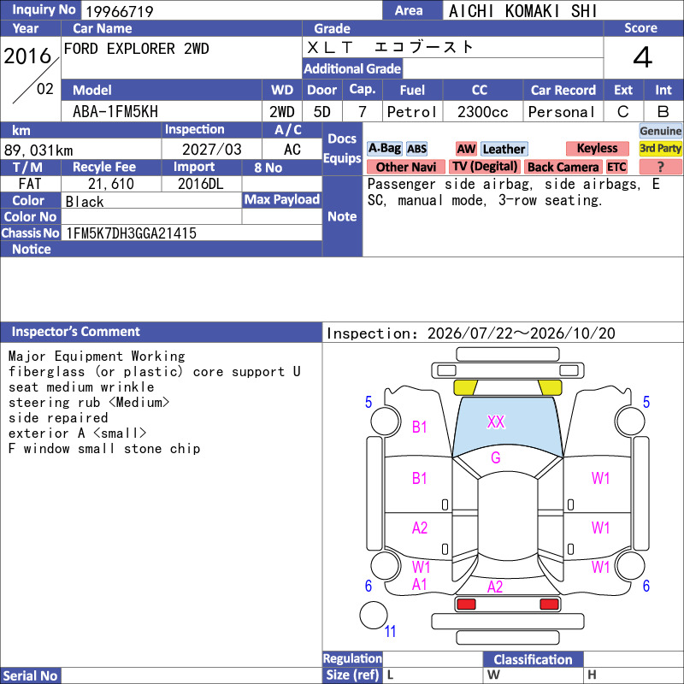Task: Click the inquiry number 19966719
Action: click(120, 11)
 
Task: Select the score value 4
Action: click(643, 57)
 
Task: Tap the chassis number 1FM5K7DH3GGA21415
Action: click(131, 233)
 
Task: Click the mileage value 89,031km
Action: click(38, 150)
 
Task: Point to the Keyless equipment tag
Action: click(597, 148)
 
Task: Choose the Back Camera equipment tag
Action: click(563, 167)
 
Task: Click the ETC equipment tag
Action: click(616, 167)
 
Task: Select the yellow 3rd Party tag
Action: click(660, 148)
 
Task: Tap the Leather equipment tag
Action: click(504, 149)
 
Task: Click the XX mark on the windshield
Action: click(496, 422)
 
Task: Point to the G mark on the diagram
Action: click(496, 457)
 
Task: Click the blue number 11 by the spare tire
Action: click(390, 631)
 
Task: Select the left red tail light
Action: click(466, 604)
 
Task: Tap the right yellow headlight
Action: click(550, 387)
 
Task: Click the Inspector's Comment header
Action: click(76, 332)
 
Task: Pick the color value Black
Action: click(85, 202)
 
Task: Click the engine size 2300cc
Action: click(482, 112)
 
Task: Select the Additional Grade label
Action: click(352, 68)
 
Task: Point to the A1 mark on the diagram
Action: click(420, 585)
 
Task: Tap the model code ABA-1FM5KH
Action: click(115, 112)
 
